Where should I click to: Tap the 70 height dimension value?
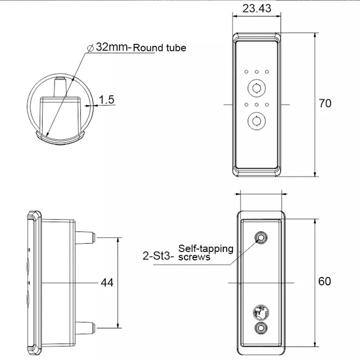pos(325,103)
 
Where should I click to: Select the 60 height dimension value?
pos(325,281)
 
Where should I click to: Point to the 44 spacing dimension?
pos(107,283)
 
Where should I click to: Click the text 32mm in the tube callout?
pos(112,47)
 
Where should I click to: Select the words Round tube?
pos(159,48)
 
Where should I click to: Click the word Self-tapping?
pos(206,248)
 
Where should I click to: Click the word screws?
pos(194,257)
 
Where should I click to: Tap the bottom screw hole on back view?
pos(261,328)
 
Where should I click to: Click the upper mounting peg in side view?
pos(85,236)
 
